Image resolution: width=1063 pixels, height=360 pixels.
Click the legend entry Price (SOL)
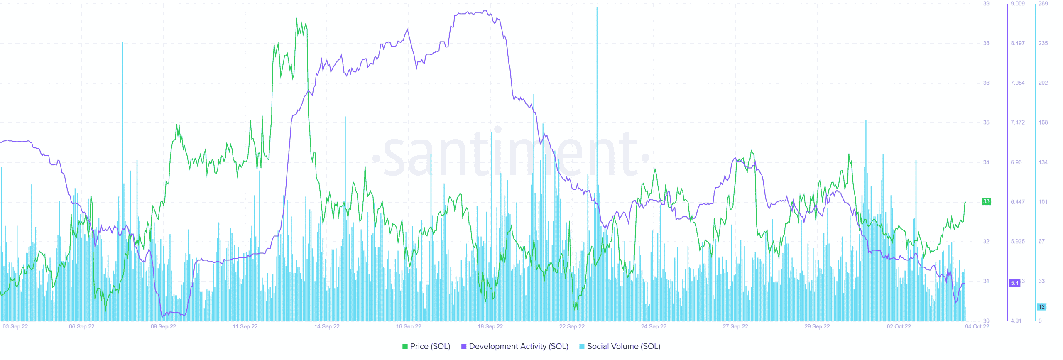[426, 346]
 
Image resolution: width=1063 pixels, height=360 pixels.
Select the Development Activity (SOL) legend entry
[515, 346]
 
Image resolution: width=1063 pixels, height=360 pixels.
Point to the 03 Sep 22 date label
[15, 326]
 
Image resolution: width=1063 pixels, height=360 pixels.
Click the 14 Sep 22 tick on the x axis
[327, 326]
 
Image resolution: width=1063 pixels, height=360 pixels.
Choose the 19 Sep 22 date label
[490, 326]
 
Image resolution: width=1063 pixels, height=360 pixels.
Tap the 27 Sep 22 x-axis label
[735, 326]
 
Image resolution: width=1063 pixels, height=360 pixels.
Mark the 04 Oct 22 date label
[977, 326]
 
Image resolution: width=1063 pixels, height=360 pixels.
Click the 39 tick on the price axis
[986, 4]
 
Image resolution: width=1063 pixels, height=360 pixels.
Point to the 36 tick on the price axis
[986, 83]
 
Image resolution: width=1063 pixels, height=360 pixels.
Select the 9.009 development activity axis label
[1018, 4]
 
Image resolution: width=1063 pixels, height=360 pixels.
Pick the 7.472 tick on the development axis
[1018, 122]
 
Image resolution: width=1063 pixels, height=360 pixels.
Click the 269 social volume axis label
[1043, 4]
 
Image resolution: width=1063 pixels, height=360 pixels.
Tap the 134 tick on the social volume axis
[1043, 162]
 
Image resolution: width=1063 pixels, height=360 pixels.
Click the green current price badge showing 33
[986, 201]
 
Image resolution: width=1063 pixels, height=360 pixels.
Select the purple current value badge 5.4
[1014, 283]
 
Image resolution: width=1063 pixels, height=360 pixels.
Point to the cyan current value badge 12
[1041, 307]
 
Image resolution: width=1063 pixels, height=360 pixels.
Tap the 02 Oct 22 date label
[899, 326]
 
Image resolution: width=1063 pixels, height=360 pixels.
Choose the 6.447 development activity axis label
[1018, 202]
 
